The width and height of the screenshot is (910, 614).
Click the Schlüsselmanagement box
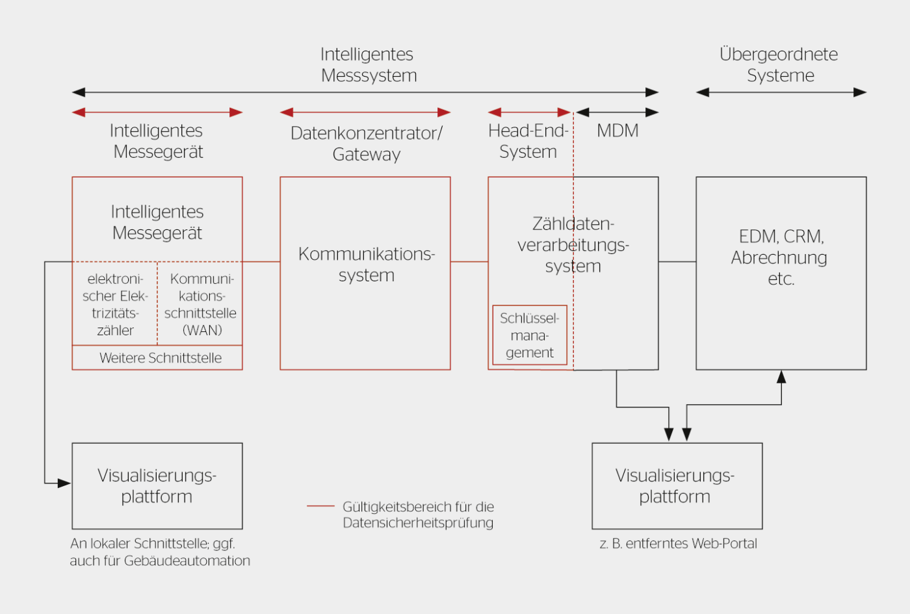pos(530,335)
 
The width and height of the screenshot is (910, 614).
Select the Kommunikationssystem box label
pos(366,264)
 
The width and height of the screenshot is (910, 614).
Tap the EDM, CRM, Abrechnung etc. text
pos(780,257)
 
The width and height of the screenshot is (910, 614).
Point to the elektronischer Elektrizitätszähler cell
pos(115,304)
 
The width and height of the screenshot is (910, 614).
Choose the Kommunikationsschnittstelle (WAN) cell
pos(200,304)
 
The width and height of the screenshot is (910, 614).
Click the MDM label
pos(617,131)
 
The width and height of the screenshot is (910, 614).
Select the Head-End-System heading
pos(528,141)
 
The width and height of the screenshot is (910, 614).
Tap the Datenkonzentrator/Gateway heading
pos(366,144)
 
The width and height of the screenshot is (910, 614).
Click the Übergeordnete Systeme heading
pos(779,64)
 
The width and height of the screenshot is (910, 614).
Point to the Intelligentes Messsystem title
pos(368,64)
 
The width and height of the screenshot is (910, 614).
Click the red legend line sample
pos(320,505)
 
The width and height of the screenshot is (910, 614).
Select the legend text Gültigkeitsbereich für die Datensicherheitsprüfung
pos(418,515)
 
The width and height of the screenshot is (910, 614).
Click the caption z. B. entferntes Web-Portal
pos(678,544)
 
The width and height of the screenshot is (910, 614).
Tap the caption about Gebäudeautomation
pos(160,552)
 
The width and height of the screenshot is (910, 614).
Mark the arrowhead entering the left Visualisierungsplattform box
pos(64,483)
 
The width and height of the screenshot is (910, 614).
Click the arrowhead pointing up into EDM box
pos(781,376)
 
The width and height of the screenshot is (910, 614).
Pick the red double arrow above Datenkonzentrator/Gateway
pos(365,112)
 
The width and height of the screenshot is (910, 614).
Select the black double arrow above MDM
pos(617,112)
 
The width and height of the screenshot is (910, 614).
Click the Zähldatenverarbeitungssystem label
pos(573,245)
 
